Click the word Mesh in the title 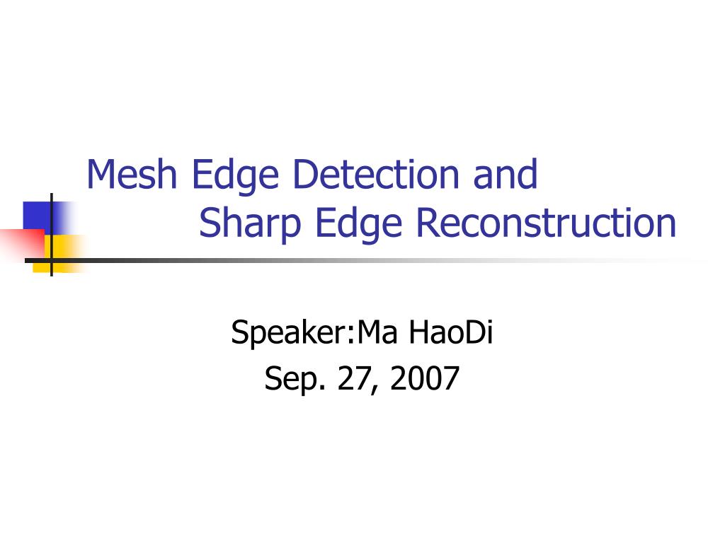click(x=132, y=174)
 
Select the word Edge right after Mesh click(x=235, y=176)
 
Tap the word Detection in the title click(x=376, y=174)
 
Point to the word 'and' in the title click(x=506, y=174)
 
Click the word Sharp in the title click(x=250, y=224)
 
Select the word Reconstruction click(x=546, y=222)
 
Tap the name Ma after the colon click(x=377, y=332)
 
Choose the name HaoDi click(x=451, y=332)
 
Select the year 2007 click(x=425, y=378)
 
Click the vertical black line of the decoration click(x=51, y=235)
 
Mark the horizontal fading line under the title click(x=365, y=260)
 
